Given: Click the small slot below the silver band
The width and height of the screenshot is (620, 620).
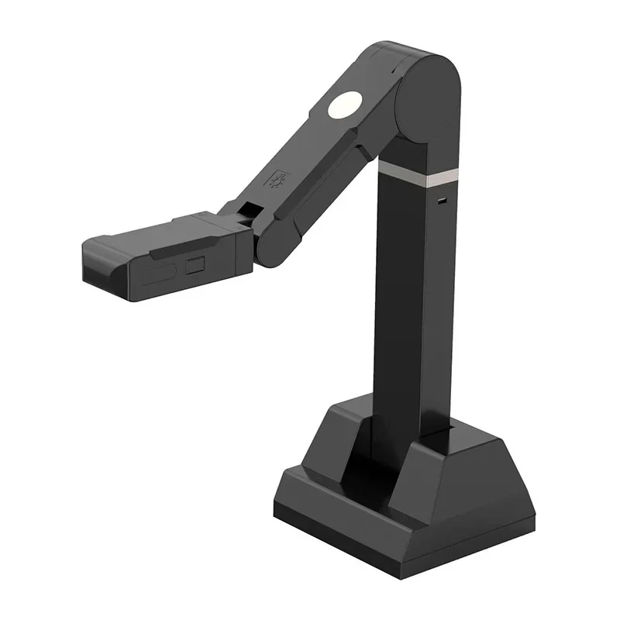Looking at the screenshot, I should pos(441,201).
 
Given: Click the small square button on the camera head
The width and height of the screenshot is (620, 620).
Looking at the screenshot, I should pos(194,266).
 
